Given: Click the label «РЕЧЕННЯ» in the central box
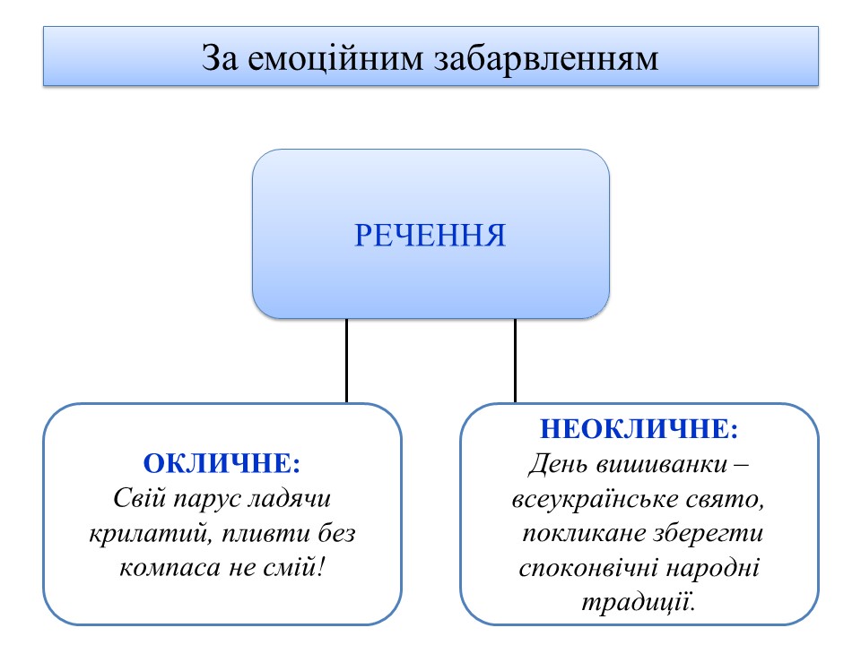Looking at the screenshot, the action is [430, 236].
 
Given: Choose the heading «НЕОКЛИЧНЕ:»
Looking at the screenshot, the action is [639, 429].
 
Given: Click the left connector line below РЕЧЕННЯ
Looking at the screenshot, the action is [347, 360].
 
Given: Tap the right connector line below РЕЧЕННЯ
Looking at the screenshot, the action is [515, 360].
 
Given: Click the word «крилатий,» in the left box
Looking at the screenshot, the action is [144, 534].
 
